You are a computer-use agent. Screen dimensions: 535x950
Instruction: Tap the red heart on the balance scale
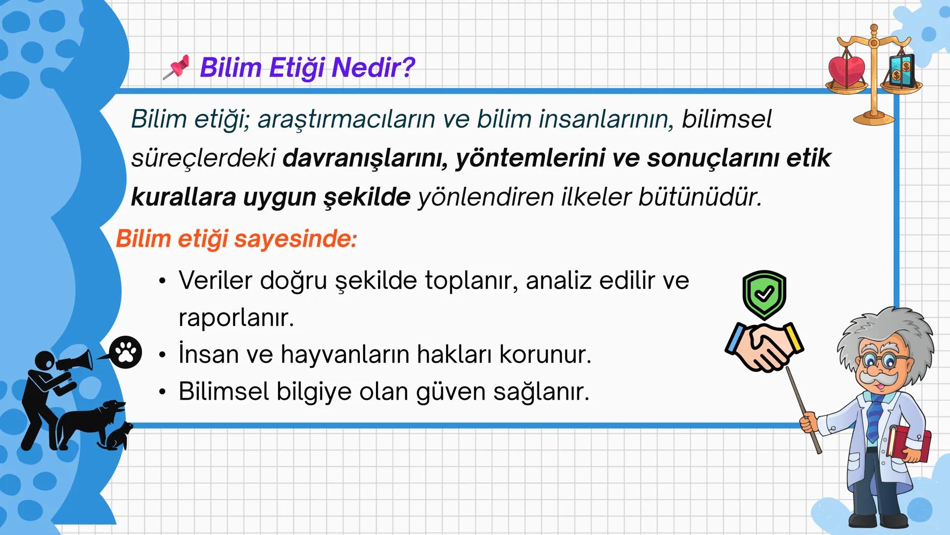coord(846,70)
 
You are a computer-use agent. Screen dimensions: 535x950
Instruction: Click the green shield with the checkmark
coord(764,294)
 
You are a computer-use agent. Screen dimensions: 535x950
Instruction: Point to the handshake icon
coord(764,347)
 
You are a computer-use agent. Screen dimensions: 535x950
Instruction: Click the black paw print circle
coord(126,352)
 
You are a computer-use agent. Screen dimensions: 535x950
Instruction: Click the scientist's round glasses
coord(884,361)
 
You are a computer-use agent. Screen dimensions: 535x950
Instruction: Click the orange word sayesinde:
coord(295,239)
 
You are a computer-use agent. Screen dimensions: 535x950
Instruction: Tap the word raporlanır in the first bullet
coord(236,318)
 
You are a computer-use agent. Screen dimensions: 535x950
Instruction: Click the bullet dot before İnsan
coord(162,355)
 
